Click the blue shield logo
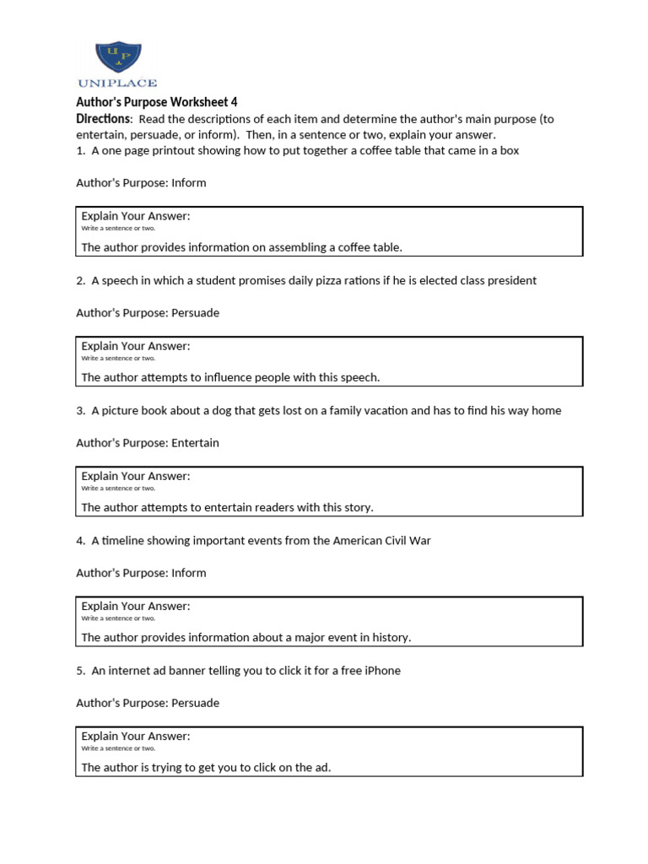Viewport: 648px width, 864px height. coord(118,56)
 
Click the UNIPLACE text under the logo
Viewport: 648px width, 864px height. coord(117,84)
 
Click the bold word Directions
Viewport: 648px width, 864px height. coord(103,119)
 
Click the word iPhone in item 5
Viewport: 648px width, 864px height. coord(381,670)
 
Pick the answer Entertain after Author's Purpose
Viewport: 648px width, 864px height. coord(195,443)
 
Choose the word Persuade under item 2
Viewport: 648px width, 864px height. coord(195,313)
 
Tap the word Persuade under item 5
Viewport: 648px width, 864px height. coord(195,703)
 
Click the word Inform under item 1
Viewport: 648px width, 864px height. coord(189,183)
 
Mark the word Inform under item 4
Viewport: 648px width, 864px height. coord(189,573)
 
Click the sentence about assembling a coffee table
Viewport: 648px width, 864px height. coord(241,247)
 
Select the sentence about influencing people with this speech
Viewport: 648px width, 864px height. coord(230,377)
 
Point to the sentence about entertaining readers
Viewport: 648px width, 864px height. coord(227,507)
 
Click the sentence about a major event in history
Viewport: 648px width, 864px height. coord(246,637)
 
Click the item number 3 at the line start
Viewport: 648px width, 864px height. coord(79,410)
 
